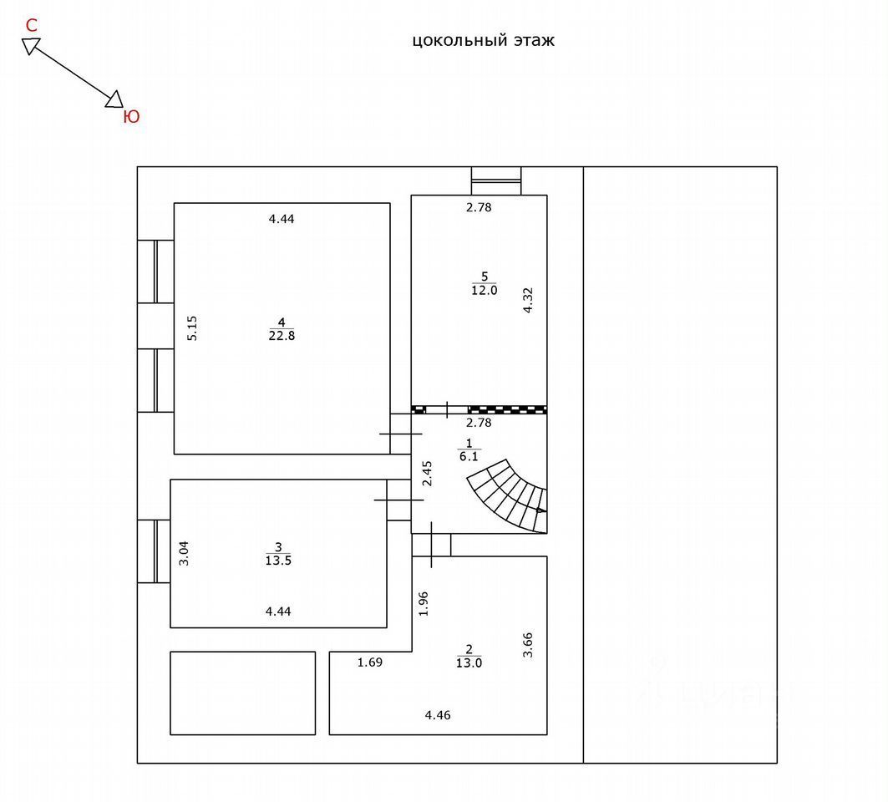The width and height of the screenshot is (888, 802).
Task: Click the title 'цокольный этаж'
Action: pyautogui.click(x=483, y=40)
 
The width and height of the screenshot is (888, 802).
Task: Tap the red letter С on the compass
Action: pyautogui.click(x=32, y=25)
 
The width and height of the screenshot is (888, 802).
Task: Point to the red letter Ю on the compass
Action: pyautogui.click(x=131, y=117)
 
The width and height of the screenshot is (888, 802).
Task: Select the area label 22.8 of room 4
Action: pyautogui.click(x=282, y=336)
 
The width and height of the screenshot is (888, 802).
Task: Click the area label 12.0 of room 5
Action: pyautogui.click(x=484, y=291)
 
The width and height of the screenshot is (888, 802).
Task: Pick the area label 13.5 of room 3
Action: pyautogui.click(x=278, y=561)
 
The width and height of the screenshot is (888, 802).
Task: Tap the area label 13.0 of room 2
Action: pyautogui.click(x=469, y=663)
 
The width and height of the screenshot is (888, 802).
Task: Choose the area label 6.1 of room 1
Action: pyautogui.click(x=469, y=455)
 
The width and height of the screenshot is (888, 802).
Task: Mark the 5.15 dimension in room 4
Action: pyautogui.click(x=192, y=327)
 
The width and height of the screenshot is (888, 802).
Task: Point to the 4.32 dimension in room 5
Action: pyautogui.click(x=527, y=300)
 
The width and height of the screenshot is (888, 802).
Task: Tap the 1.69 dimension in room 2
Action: pyautogui.click(x=369, y=663)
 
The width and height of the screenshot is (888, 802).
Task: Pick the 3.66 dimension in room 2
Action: pyautogui.click(x=527, y=644)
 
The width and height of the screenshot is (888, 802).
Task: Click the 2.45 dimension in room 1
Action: pyautogui.click(x=427, y=474)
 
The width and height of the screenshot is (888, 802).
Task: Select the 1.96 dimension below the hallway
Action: pyautogui.click(x=424, y=603)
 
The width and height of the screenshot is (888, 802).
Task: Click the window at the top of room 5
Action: pyautogui.click(x=496, y=180)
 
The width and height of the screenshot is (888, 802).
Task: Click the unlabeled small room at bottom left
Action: pyautogui.click(x=242, y=693)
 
